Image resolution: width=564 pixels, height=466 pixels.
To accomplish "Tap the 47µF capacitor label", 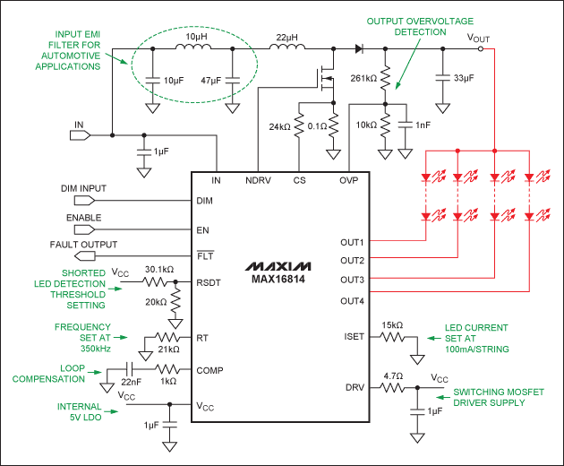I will pos(210,81).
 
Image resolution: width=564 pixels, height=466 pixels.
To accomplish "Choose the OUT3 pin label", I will pos(352,280).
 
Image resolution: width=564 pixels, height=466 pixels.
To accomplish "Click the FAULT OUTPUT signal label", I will pos(83,245).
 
